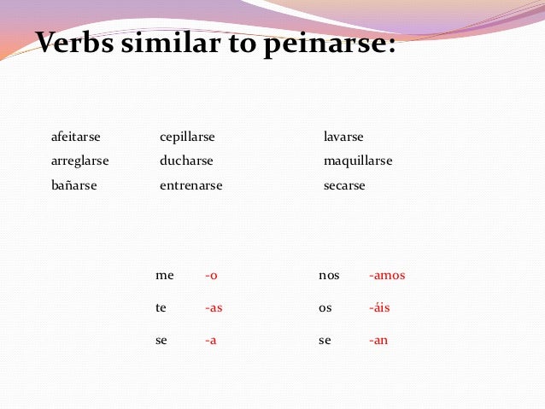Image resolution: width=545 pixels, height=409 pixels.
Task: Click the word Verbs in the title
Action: coord(78,42)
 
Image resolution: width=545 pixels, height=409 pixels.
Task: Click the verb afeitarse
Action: coord(76,137)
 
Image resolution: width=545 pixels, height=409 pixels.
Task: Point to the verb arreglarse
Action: coord(80,161)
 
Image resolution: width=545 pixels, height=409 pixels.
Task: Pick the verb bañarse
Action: coord(74,185)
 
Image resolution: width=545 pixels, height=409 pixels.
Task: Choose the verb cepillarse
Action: coord(187,137)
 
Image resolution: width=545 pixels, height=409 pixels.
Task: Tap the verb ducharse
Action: coord(186,161)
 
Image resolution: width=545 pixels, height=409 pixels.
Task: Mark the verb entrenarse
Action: coord(190,185)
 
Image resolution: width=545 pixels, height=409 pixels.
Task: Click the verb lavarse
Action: coord(343,137)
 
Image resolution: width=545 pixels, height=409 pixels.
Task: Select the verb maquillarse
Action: coord(358,161)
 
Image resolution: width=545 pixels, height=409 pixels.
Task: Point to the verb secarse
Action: coord(344,185)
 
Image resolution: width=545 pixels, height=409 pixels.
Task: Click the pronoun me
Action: coord(164,275)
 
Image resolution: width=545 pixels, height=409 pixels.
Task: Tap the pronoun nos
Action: coord(329,275)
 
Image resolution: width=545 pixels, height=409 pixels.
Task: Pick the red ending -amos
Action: coord(387,275)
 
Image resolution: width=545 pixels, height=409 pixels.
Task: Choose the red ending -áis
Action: coord(379,307)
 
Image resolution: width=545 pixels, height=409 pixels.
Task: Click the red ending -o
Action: coord(211,275)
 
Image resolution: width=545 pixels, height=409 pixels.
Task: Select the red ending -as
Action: coord(214,307)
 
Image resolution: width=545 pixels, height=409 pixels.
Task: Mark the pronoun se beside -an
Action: coord(325,340)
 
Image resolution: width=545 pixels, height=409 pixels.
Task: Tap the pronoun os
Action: coord(325,307)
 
